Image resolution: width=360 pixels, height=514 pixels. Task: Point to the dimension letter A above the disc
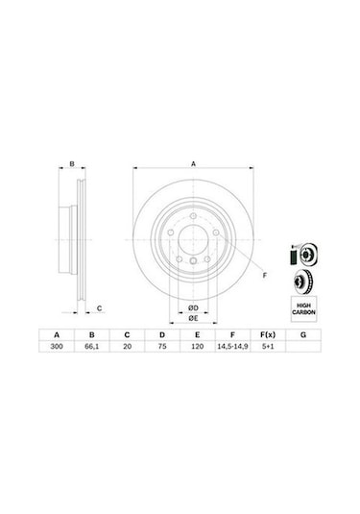[x=193, y=164]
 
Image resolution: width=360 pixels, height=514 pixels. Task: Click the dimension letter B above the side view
[x=72, y=164]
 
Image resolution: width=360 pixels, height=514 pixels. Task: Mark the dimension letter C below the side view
[x=100, y=307]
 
